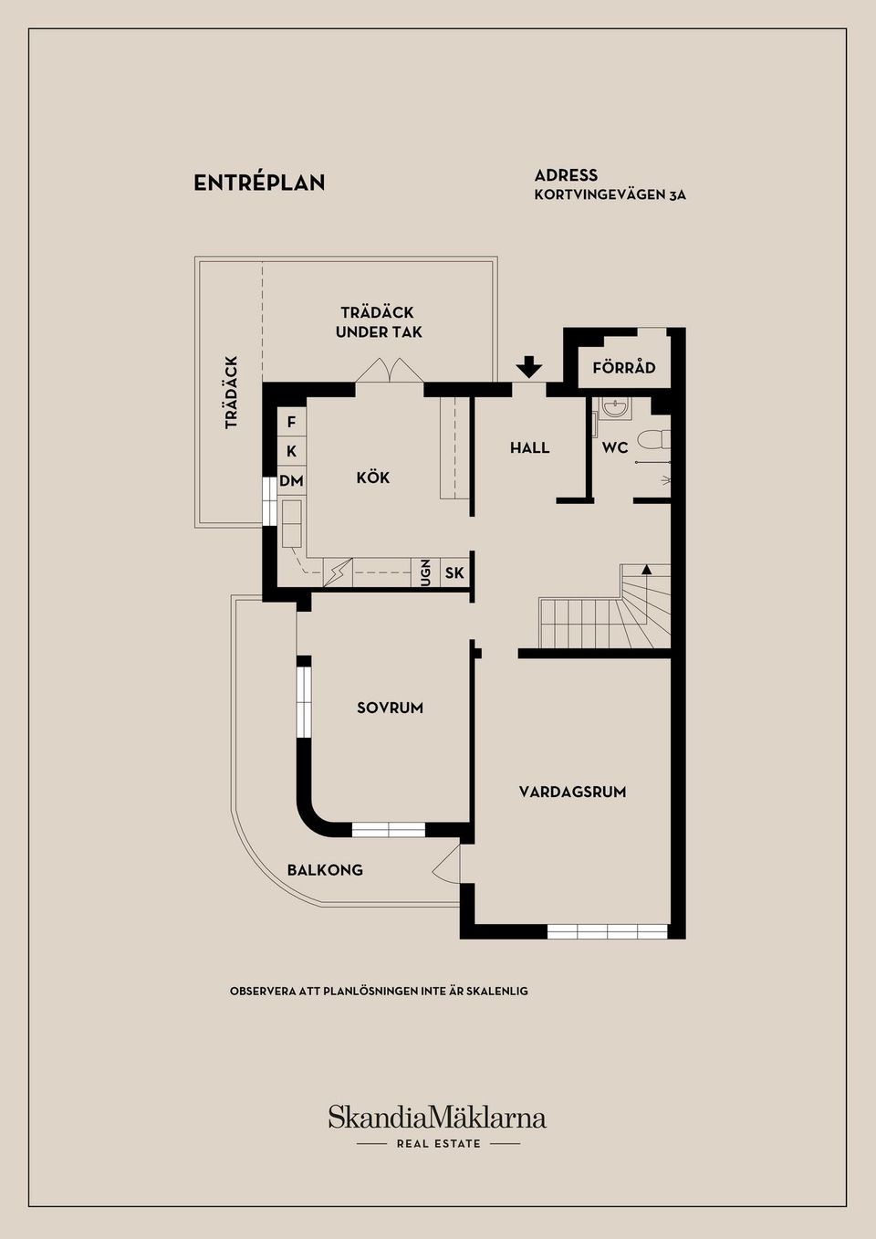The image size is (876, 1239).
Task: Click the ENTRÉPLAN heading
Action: point(259,184)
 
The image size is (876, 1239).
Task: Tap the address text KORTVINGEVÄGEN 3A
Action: point(610,195)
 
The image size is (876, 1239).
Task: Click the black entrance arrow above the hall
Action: point(529,367)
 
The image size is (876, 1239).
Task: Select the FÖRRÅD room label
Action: point(624,367)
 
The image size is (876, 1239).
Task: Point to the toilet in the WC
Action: point(653,441)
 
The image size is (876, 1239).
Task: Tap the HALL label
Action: point(529,447)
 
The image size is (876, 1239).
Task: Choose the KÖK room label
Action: point(373,478)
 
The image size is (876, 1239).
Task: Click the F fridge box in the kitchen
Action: point(291,423)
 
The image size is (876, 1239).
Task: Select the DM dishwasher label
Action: point(291,481)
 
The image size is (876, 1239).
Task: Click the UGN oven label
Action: point(425,572)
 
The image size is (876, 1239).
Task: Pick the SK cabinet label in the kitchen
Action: point(454,572)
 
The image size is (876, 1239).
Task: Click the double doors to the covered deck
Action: point(390,370)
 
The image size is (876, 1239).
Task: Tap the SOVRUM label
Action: point(390,708)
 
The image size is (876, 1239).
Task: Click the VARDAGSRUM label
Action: point(572,793)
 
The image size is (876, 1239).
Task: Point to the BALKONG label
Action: point(325,870)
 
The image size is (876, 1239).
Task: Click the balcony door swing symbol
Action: point(446,864)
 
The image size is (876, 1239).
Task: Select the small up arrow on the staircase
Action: point(646,568)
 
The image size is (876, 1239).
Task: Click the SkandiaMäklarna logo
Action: point(437,1117)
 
